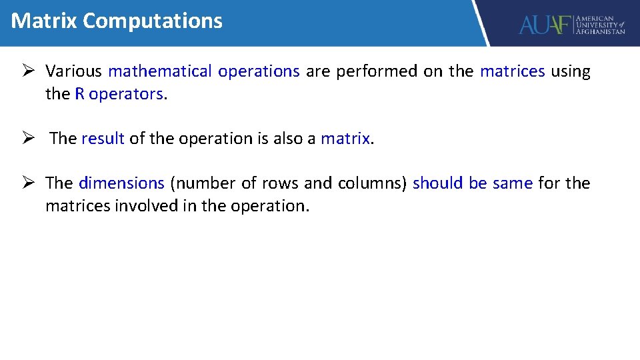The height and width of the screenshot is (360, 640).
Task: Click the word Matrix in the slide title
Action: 44,21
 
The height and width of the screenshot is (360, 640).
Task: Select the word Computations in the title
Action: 153,21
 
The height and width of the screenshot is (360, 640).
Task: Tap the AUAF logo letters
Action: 545,25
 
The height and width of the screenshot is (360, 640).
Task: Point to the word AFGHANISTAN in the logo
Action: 600,31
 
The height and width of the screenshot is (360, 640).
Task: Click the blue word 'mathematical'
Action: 160,71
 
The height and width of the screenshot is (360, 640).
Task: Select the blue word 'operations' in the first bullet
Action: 259,71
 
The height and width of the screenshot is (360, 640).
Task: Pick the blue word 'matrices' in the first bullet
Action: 512,71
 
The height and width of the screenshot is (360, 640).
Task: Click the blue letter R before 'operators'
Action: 80,94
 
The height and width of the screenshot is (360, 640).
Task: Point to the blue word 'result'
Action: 103,139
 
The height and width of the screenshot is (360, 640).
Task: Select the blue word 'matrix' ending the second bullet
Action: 345,139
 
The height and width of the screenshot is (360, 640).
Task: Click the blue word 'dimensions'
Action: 121,183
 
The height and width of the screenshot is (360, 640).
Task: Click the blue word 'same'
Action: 512,183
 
